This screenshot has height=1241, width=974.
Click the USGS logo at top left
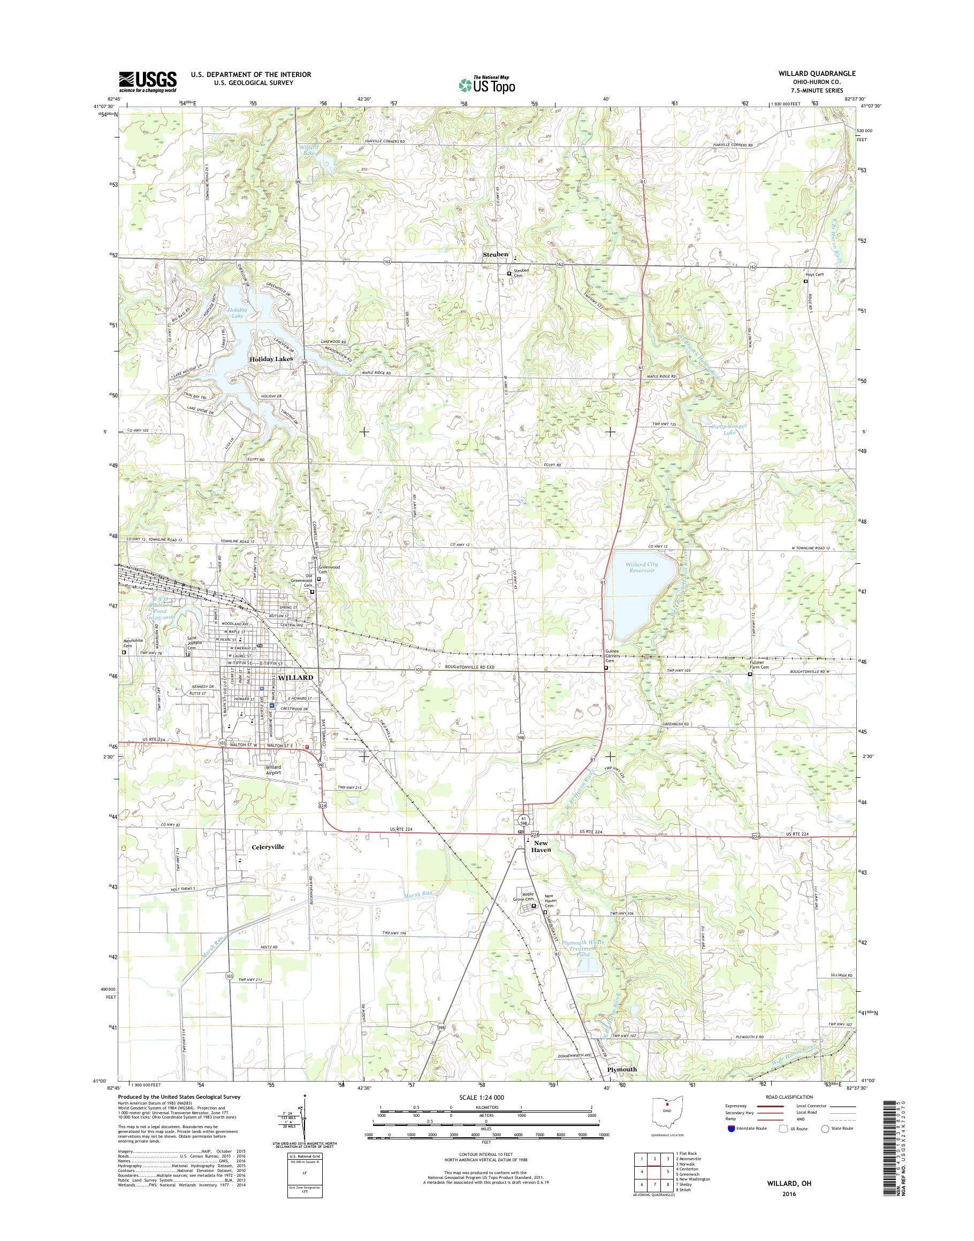pyautogui.click(x=147, y=81)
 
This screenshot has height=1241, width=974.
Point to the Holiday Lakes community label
pyautogui.click(x=271, y=359)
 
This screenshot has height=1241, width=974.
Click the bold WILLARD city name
pyautogui.click(x=296, y=677)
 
